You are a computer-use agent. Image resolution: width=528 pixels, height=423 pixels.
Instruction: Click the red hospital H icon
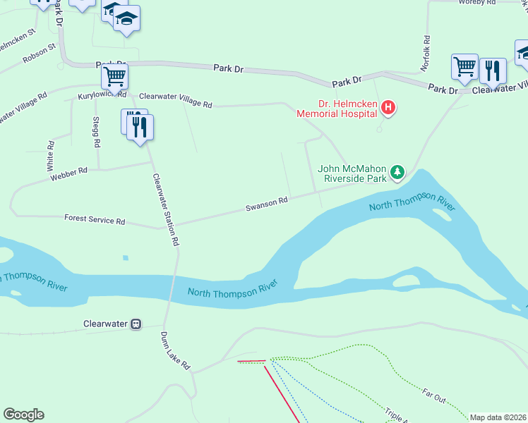[x=388, y=108]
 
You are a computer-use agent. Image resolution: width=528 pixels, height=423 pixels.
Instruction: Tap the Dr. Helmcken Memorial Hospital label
[x=337, y=107]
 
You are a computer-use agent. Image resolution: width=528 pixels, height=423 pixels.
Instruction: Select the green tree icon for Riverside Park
[x=398, y=171]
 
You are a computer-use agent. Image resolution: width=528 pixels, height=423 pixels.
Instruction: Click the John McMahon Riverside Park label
[x=352, y=173]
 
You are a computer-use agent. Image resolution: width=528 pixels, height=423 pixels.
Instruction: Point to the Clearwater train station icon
[x=134, y=324]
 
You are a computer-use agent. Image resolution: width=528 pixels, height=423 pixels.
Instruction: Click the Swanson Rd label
[x=267, y=204]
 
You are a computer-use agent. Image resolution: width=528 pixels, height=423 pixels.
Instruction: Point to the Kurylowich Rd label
[x=102, y=94]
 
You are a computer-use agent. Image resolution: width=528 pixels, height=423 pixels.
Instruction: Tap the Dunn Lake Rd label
[x=176, y=350]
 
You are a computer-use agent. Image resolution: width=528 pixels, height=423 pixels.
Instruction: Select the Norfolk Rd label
[x=426, y=54]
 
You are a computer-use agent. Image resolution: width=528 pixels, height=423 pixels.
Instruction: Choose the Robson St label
[x=39, y=53]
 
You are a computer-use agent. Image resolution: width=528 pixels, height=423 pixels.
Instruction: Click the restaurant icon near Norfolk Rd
[x=493, y=70]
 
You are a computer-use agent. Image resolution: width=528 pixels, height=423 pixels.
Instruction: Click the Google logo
[x=23, y=415]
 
